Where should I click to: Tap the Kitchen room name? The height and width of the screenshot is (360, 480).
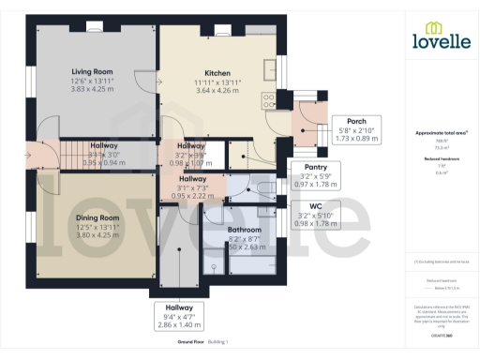pos(217,73)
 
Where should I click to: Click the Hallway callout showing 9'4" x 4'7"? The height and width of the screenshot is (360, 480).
pos(179,314)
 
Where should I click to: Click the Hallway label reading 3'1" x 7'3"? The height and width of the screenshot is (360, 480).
pos(193,187)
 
